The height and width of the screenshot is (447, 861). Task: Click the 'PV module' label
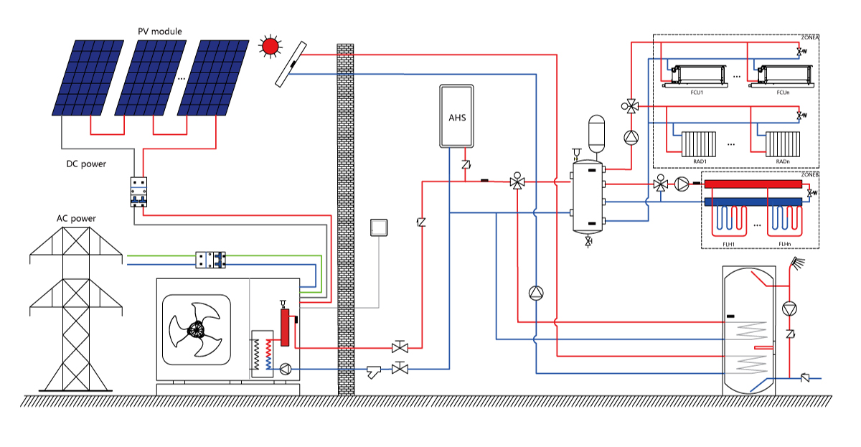160,32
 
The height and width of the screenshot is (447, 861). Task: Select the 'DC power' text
86,164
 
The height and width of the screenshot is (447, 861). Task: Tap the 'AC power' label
76,218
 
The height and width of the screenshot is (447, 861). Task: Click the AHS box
457,116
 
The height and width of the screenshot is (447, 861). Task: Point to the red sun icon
270,47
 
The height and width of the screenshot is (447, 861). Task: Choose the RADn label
784,161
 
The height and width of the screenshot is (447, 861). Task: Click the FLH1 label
730,244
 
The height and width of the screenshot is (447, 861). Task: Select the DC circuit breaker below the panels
138,192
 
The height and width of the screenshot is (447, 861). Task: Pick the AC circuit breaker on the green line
211,260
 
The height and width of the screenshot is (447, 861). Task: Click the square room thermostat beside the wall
378,227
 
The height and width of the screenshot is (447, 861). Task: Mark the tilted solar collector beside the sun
291,65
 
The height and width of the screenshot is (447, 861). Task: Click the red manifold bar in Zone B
753,184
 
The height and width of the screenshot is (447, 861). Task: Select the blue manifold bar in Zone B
753,202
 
